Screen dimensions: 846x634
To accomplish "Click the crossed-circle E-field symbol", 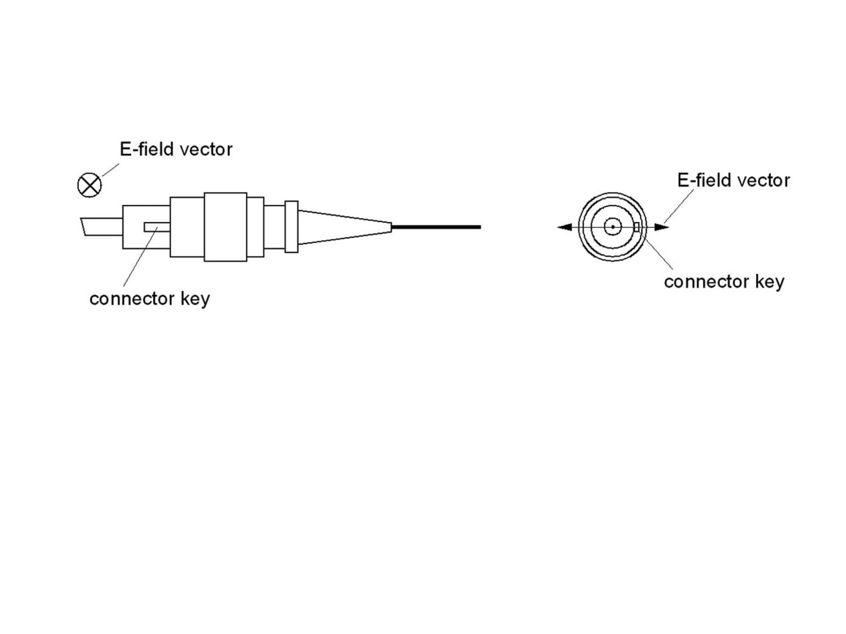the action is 89,185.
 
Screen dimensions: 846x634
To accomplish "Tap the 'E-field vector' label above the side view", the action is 176,150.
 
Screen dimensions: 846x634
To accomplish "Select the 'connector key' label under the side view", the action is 149,299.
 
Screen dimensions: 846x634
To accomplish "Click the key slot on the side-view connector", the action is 157,227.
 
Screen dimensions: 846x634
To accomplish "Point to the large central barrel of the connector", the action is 225,227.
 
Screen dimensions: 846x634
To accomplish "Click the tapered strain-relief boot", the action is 345,227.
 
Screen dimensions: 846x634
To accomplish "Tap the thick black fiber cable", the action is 436,227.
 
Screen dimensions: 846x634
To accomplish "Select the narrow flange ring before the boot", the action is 291,227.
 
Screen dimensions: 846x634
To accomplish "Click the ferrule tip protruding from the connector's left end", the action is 102,227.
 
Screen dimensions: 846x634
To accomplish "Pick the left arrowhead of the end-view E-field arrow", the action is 564,227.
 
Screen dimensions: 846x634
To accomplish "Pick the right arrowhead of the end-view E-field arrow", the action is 661,227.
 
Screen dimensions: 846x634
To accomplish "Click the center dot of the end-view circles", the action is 612,227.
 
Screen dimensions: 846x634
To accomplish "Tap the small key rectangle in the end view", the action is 636,227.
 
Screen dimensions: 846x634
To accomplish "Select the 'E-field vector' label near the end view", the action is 733,181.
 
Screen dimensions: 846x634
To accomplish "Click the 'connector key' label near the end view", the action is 724,282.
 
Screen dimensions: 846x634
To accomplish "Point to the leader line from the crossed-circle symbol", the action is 110,170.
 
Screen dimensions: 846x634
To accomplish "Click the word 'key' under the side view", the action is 195,299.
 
